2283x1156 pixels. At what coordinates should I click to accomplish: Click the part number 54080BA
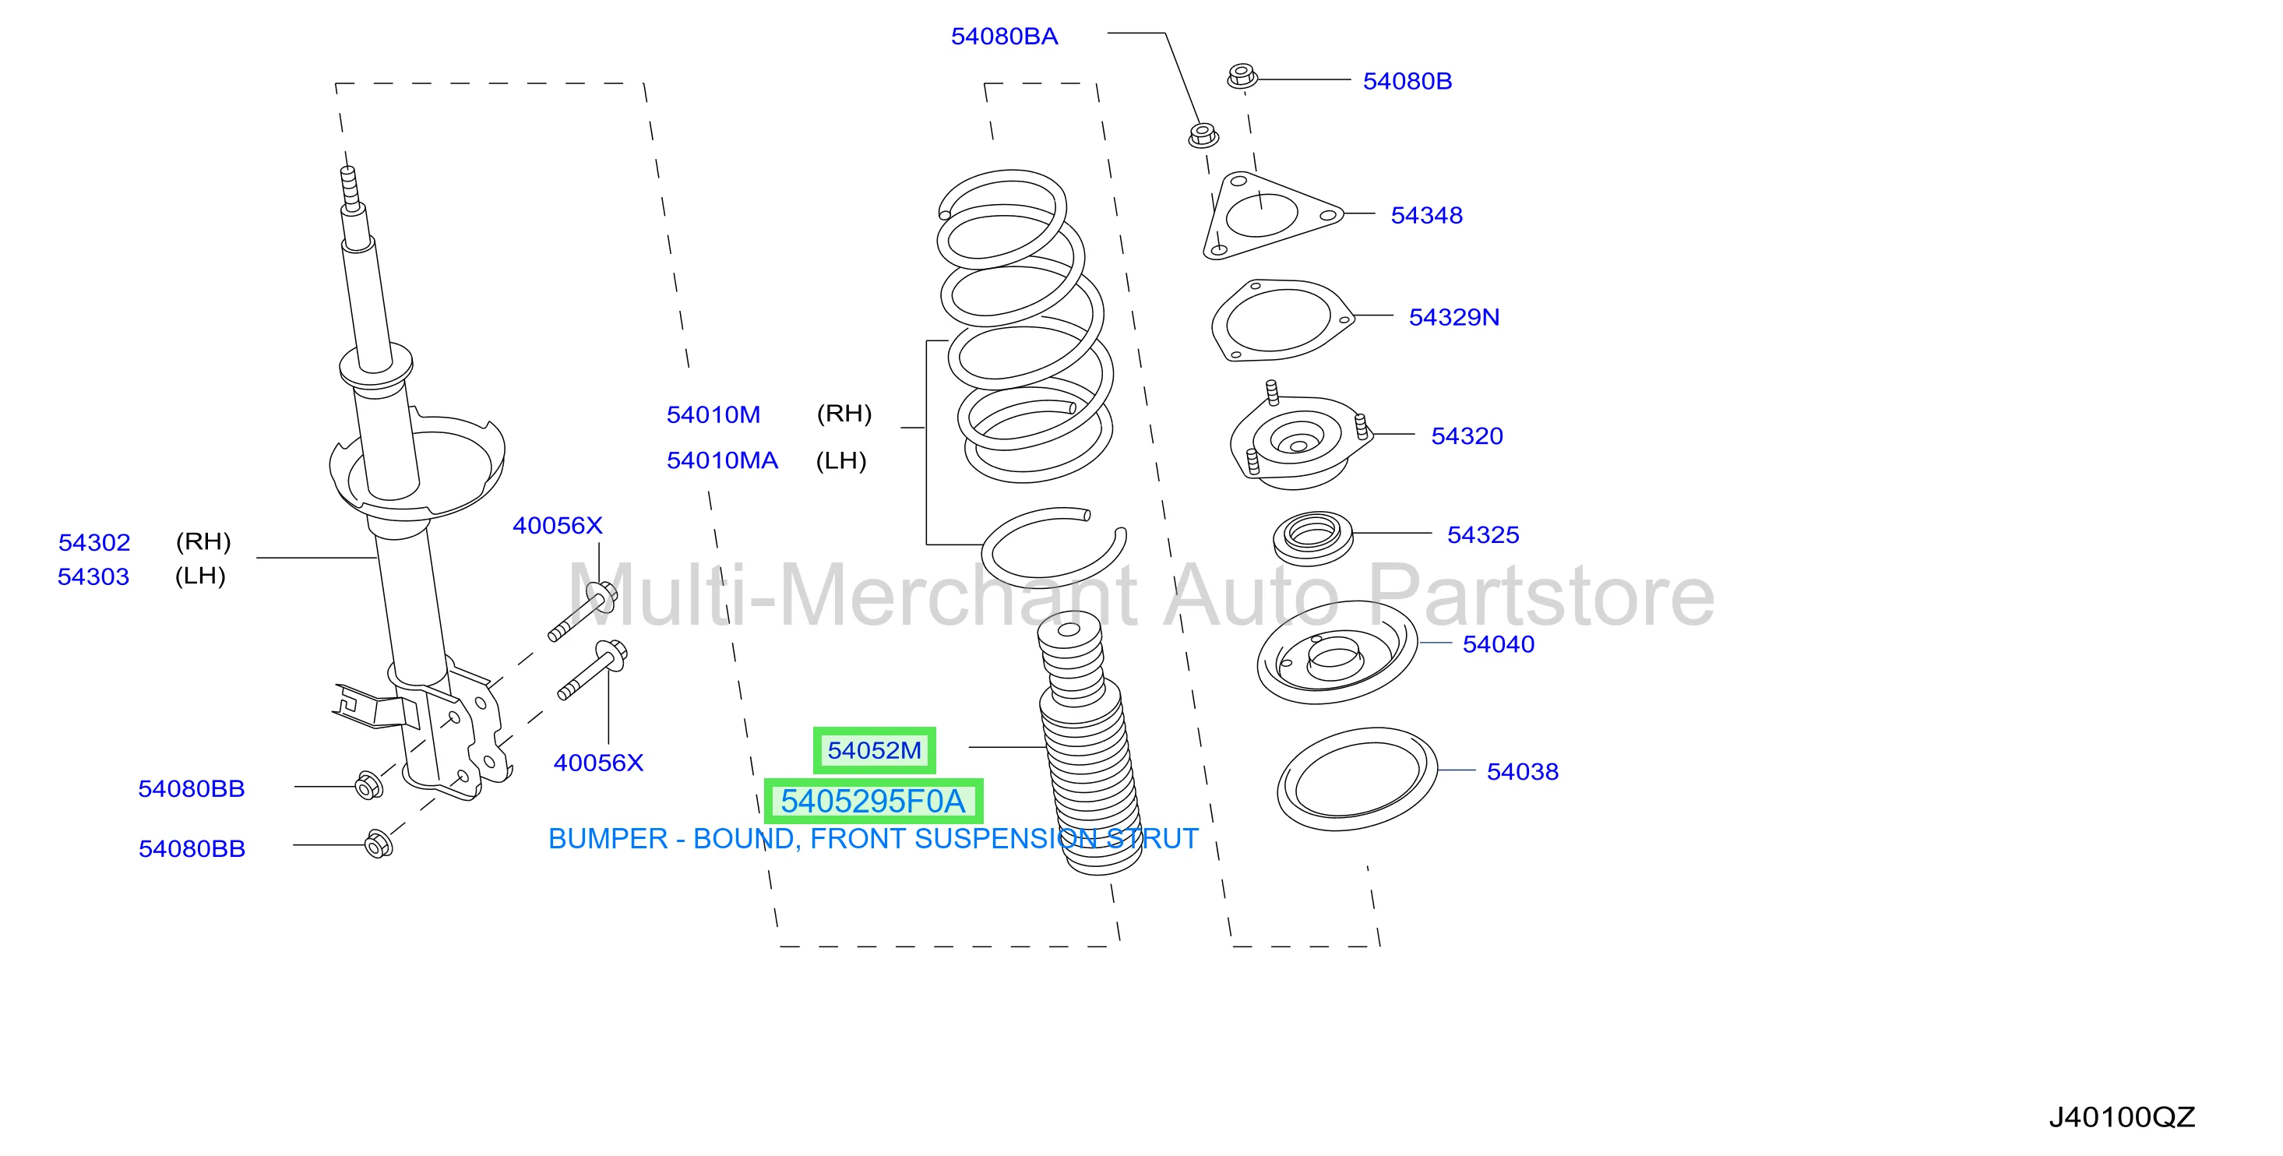[1004, 37]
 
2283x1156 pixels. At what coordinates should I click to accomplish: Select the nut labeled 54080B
[1242, 76]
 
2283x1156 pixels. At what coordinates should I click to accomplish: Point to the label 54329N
[1453, 317]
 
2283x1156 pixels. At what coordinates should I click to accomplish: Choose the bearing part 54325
[1313, 537]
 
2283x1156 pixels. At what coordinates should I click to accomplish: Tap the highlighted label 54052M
[874, 751]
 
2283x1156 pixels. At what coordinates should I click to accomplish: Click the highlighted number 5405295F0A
[873, 802]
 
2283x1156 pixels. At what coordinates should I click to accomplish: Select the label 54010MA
[722, 461]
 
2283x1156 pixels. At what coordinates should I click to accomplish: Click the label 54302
[94, 542]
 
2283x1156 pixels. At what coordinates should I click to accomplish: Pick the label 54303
[93, 577]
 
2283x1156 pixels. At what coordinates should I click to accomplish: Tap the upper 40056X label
[558, 526]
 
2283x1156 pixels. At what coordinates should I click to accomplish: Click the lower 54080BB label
[192, 849]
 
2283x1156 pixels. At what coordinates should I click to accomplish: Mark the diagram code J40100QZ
[2122, 1117]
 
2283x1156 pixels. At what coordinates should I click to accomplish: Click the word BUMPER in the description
[608, 839]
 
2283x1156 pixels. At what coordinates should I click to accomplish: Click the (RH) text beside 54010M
[844, 414]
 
